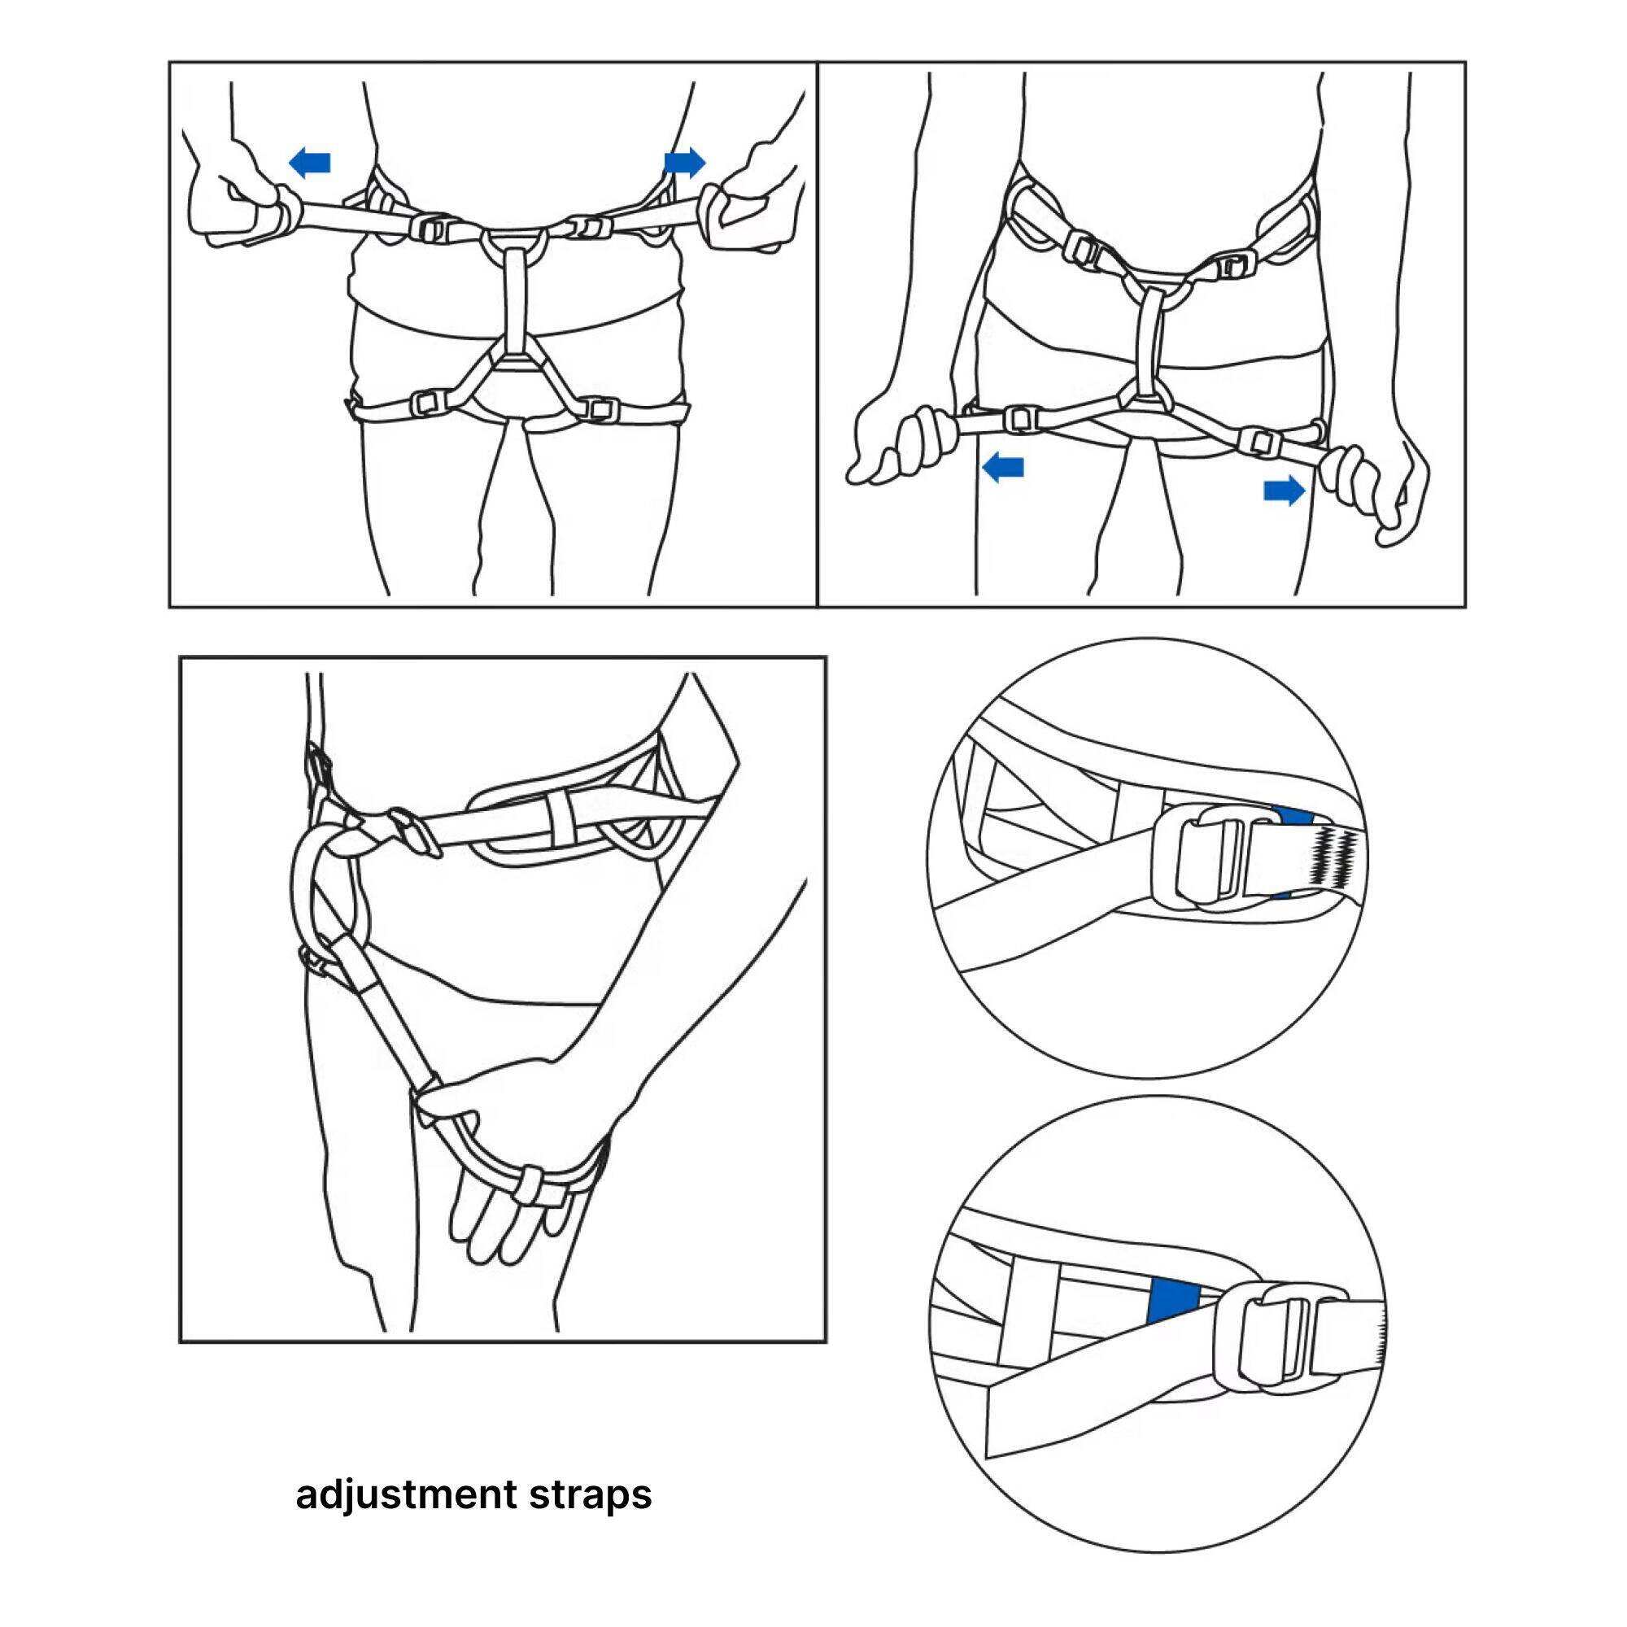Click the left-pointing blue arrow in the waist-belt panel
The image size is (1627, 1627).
[309, 163]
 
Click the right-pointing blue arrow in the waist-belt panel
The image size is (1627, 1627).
[685, 162]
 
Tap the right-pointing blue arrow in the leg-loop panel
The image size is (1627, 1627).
[1285, 490]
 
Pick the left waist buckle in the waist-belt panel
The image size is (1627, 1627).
[433, 229]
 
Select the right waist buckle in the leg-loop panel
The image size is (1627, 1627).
[1234, 268]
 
